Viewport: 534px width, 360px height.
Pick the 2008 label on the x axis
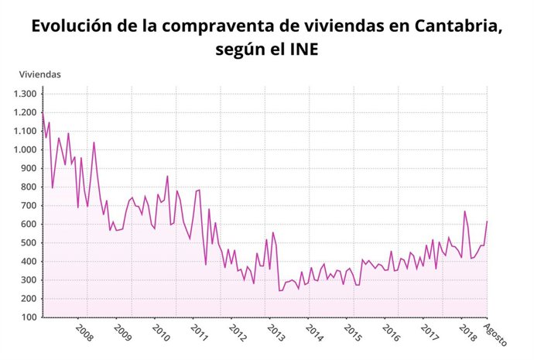84,333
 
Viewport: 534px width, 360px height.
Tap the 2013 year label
276,333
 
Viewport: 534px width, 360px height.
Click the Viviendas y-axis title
40,74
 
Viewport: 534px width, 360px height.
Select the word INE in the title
302,49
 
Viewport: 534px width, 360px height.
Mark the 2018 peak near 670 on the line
464,211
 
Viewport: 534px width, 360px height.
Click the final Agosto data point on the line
487,221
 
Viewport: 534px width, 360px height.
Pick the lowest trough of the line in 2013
279,290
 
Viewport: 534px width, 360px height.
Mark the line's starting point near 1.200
43,112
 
